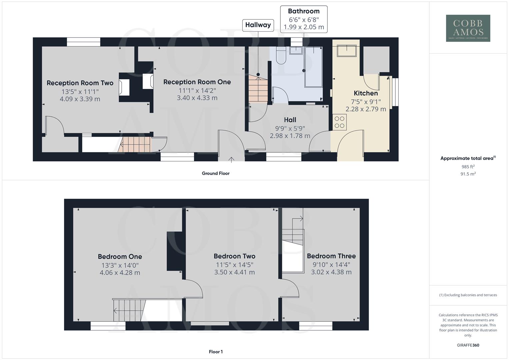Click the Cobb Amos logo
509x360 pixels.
pos(468,28)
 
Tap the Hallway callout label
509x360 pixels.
pos(258,25)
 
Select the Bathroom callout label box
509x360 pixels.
pos(303,19)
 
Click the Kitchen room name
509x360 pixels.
pos(366,93)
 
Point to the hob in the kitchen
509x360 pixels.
pos(339,122)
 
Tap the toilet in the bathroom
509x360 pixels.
pos(281,56)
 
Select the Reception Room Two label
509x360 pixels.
pos(80,83)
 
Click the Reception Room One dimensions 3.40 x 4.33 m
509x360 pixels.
pos(197,98)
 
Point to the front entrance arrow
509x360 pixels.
pos(231,159)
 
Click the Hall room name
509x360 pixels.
pos(290,120)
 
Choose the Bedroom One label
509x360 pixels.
pos(120,257)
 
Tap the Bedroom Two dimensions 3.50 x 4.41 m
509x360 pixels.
pos(234,272)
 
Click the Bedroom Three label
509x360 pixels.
pos(331,256)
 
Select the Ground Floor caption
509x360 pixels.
pos(215,173)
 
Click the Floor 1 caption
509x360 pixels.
pos(216,352)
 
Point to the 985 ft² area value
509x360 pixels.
pos(468,167)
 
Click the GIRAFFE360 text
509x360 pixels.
pos(468,345)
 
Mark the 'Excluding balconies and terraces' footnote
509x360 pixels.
pos(468,295)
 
